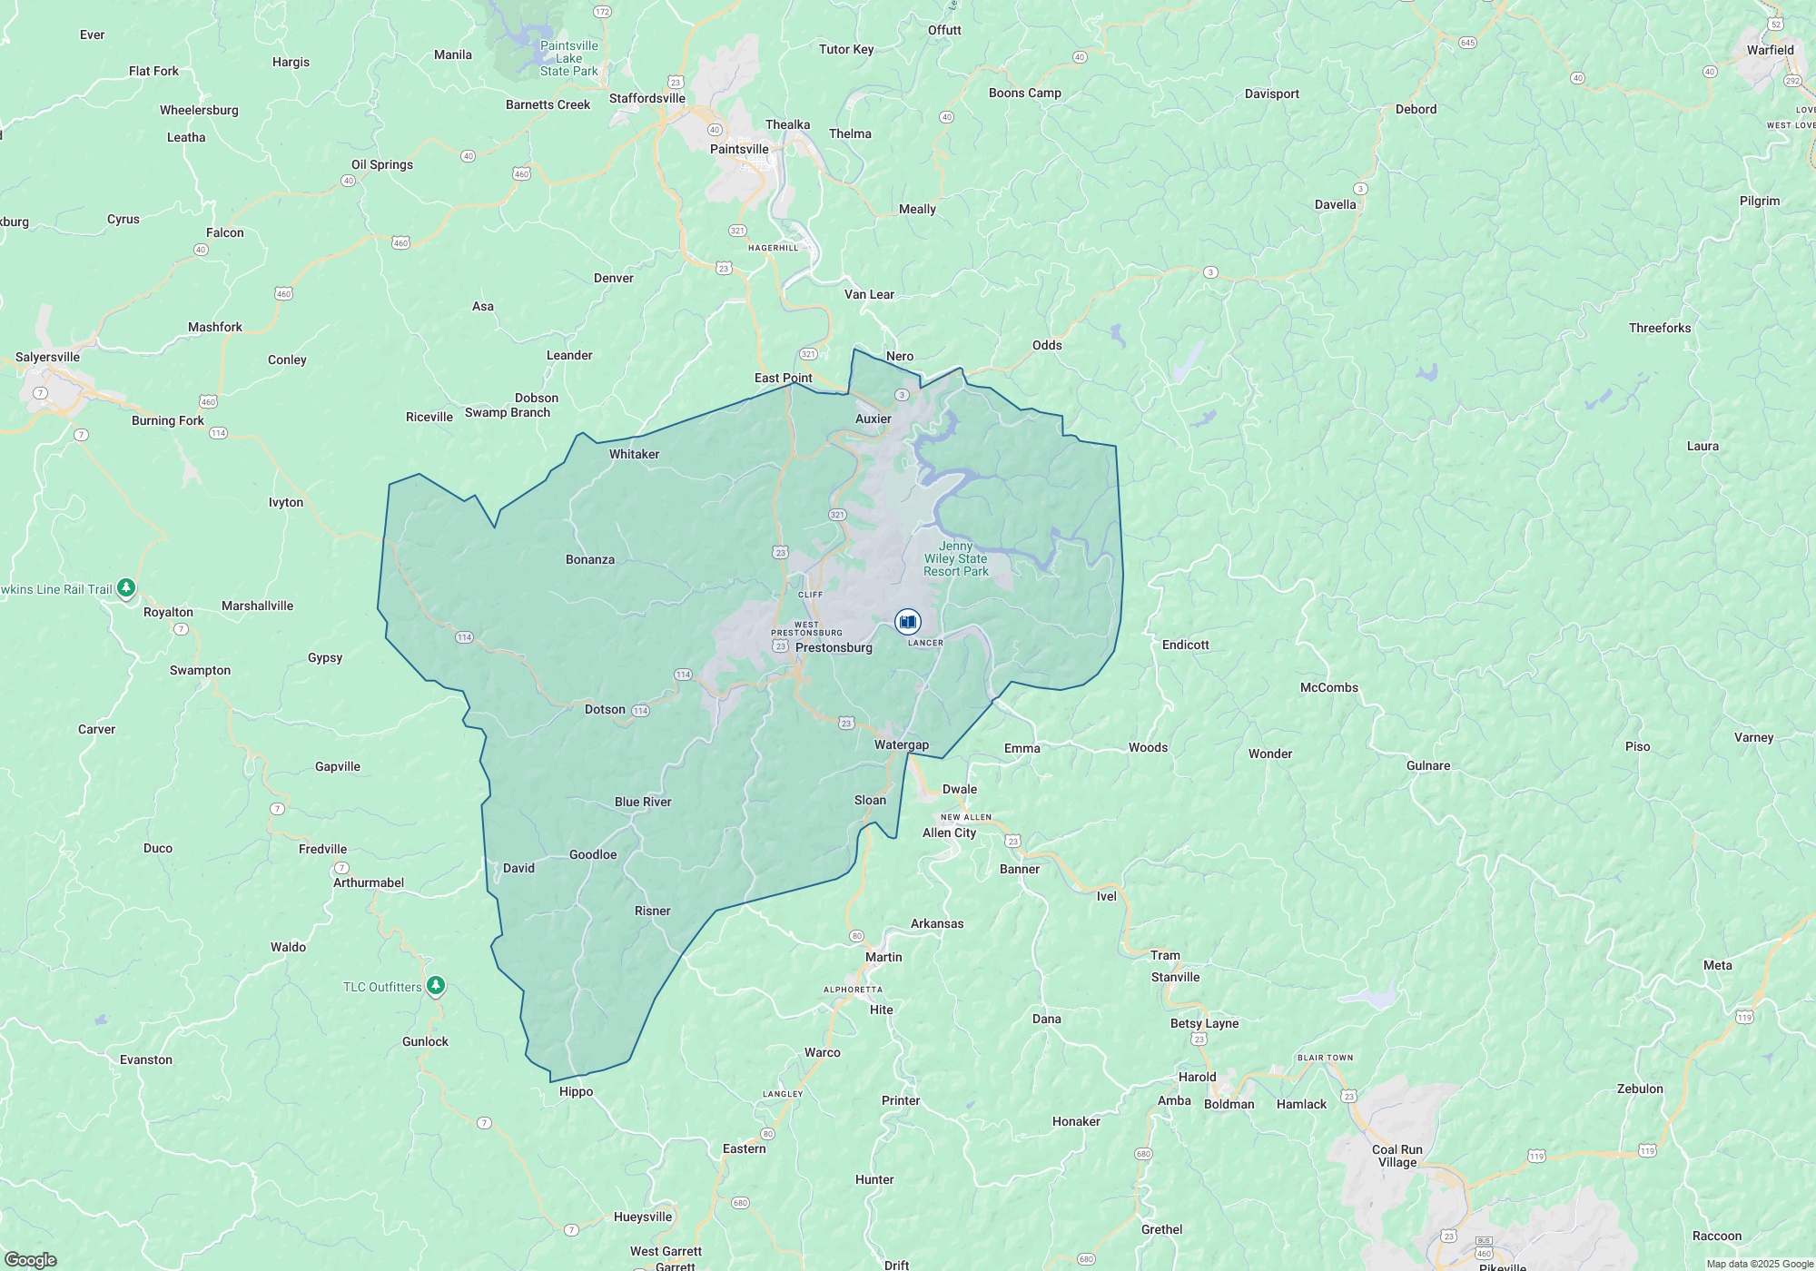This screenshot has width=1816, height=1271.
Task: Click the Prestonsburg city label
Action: (x=834, y=647)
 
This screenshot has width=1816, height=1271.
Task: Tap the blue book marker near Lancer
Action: (x=907, y=622)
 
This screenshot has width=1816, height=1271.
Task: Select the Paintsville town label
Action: (x=739, y=149)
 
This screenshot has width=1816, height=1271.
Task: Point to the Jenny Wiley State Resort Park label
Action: (x=955, y=558)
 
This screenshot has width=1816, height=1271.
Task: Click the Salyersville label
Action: (x=47, y=357)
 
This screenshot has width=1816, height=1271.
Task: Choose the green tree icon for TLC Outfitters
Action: (x=436, y=985)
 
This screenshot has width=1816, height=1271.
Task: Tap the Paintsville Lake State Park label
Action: (x=568, y=58)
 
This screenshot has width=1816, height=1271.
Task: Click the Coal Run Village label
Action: (x=1397, y=1156)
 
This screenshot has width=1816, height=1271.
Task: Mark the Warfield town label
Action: (x=1770, y=50)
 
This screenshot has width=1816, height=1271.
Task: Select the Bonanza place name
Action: (x=590, y=559)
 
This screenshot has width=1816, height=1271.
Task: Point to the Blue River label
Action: (x=643, y=802)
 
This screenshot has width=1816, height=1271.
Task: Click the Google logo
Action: (x=30, y=1259)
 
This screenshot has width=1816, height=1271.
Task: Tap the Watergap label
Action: (x=902, y=744)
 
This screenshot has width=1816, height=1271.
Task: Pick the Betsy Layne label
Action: (x=1204, y=1023)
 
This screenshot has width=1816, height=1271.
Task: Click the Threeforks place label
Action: (x=1660, y=328)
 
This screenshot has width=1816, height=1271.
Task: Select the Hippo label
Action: (x=576, y=1091)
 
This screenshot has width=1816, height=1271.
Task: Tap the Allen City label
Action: (x=949, y=833)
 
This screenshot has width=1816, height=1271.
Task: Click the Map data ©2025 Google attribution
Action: (x=1759, y=1264)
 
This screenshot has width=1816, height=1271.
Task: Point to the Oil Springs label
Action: (x=382, y=164)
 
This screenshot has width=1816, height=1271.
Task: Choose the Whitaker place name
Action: (x=634, y=454)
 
